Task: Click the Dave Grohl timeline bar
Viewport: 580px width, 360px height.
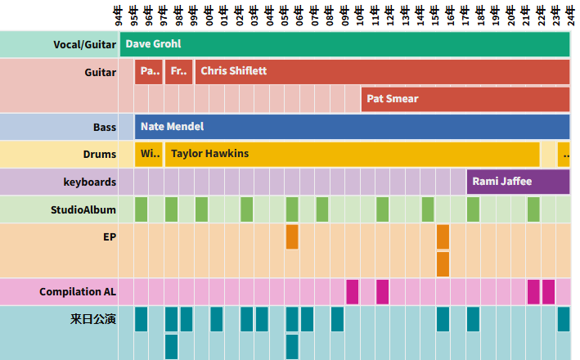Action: pyautogui.click(x=344, y=44)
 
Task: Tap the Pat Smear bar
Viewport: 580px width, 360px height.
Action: pyautogui.click(x=465, y=99)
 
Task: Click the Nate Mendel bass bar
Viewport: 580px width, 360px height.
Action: pyautogui.click(x=352, y=127)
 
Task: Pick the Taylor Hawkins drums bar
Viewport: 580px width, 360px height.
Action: pyautogui.click(x=352, y=154)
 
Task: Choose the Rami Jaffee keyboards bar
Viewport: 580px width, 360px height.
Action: pyautogui.click(x=518, y=182)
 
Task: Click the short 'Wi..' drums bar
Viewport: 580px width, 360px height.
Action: pyautogui.click(x=149, y=154)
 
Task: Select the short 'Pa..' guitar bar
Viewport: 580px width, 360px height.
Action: pyautogui.click(x=149, y=72)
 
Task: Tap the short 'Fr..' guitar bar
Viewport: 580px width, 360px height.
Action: pyautogui.click(x=178, y=72)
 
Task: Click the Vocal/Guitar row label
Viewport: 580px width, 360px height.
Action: pyautogui.click(x=83, y=44)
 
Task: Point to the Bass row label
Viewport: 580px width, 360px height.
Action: pyautogui.click(x=104, y=128)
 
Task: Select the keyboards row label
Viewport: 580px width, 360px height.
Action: pyautogui.click(x=89, y=182)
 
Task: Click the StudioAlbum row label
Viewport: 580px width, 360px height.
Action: pyautogui.click(x=83, y=209)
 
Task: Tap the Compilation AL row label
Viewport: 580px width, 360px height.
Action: pyautogui.click(x=78, y=291)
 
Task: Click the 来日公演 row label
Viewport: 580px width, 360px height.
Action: pyautogui.click(x=92, y=319)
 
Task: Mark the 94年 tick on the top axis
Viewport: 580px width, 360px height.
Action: pyautogui.click(x=119, y=15)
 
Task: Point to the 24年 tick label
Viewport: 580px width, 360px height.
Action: pyautogui.click(x=571, y=15)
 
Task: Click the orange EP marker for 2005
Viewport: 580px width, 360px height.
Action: pyautogui.click(x=292, y=236)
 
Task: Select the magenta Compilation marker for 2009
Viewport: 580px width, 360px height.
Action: pyautogui.click(x=353, y=291)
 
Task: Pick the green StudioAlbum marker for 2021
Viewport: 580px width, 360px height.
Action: pyautogui.click(x=533, y=209)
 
